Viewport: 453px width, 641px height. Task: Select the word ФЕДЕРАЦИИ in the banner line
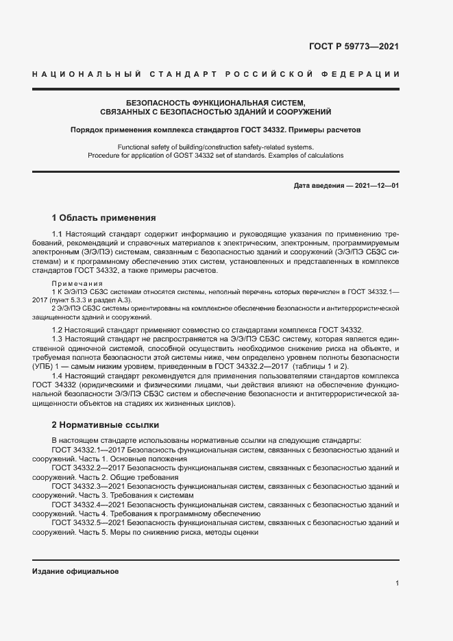(363, 73)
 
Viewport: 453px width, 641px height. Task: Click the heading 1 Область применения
(103, 218)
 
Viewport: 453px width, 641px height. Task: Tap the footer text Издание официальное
(75, 572)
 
